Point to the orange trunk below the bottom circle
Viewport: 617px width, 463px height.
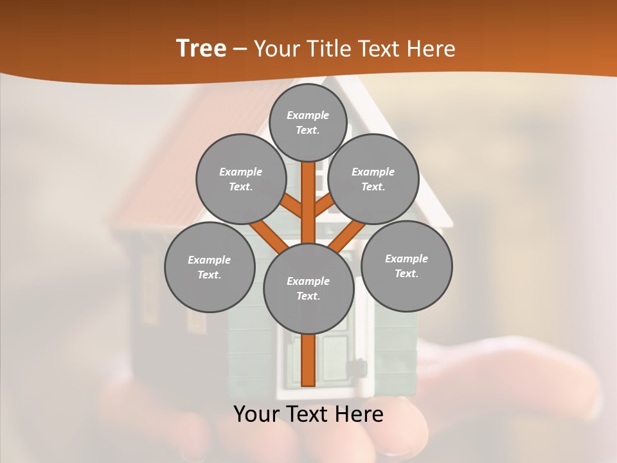point(308,360)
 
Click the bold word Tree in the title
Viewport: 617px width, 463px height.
point(201,48)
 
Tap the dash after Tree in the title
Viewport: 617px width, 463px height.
point(240,49)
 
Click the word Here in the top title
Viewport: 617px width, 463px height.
point(431,49)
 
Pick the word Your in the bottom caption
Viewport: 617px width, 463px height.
point(256,414)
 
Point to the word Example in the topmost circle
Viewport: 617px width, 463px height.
point(308,115)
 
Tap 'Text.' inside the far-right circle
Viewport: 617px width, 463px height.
point(407,273)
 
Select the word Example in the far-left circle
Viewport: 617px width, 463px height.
point(209,260)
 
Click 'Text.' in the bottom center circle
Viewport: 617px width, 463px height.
point(308,296)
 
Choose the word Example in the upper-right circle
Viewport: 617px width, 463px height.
point(373,172)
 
